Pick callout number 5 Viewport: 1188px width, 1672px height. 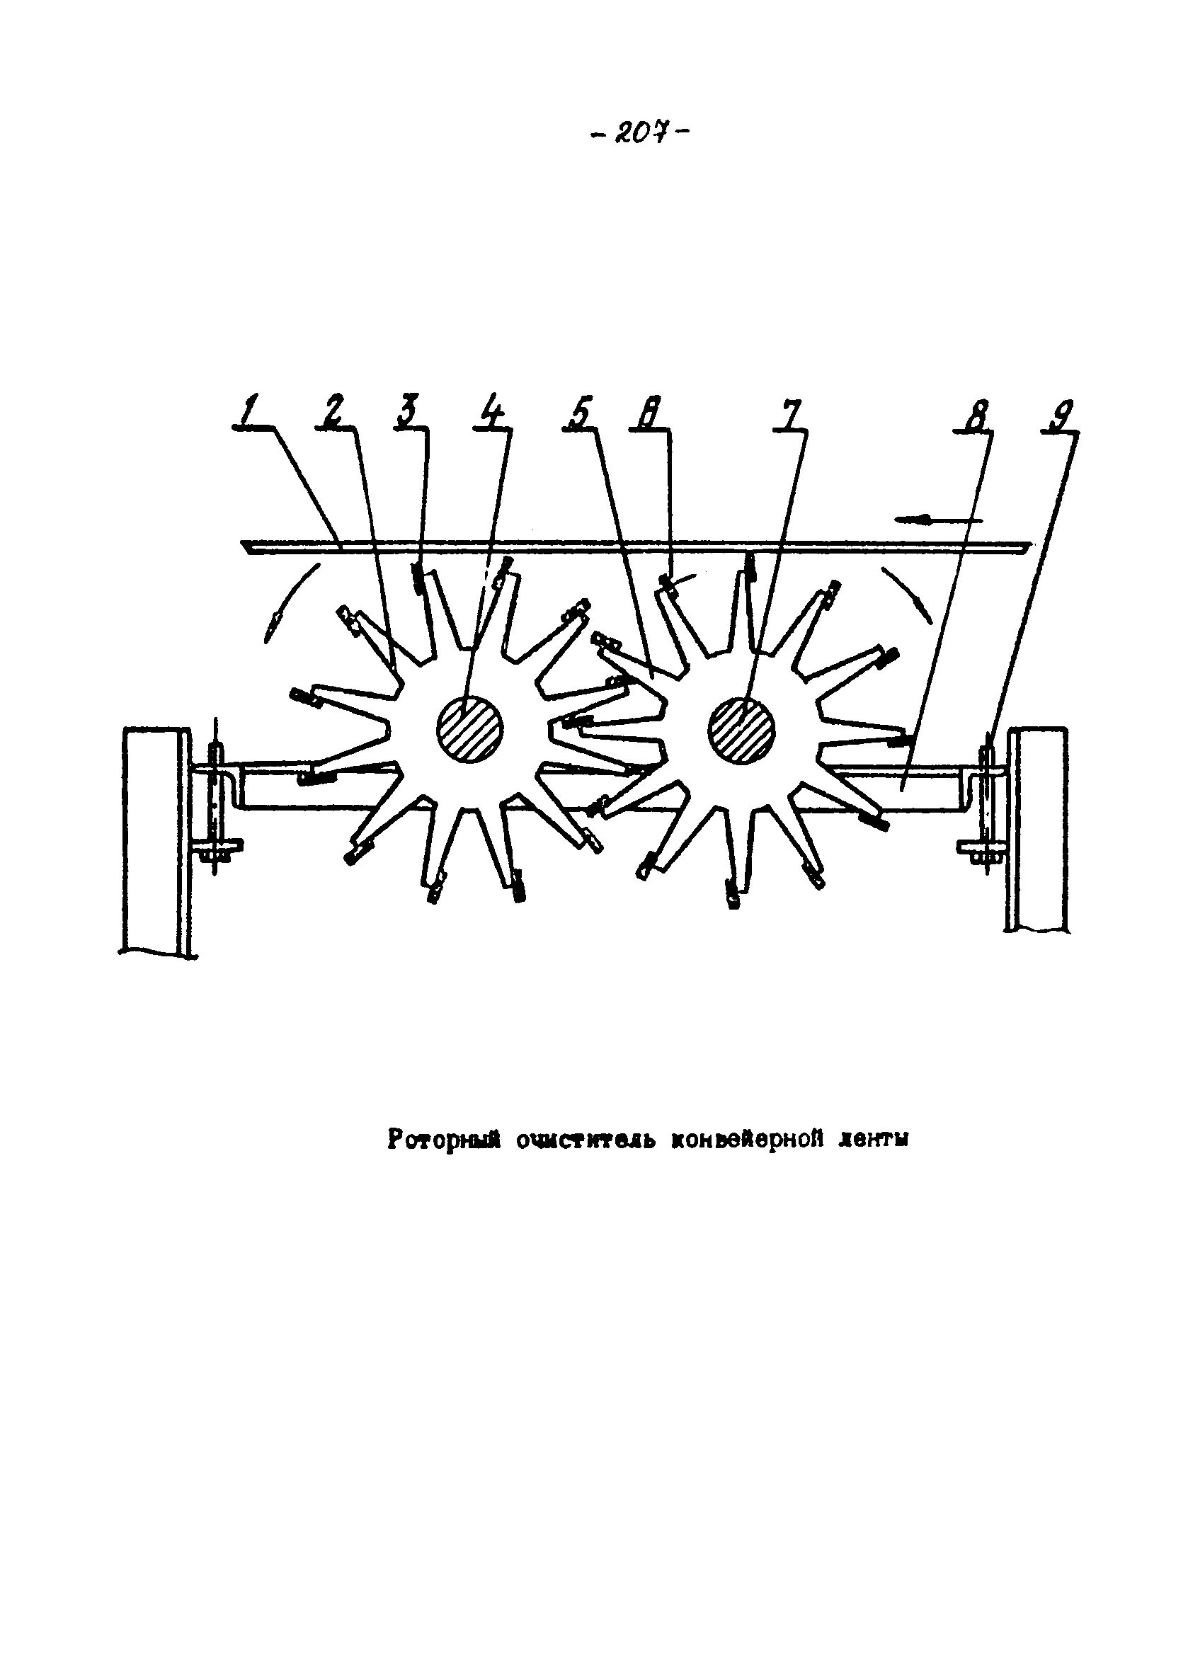578,413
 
